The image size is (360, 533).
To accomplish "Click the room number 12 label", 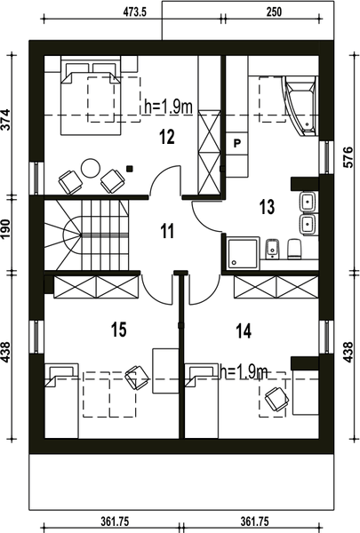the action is [167, 137].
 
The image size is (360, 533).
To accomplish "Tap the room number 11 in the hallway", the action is [167, 231].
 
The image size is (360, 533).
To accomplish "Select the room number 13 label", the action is [267, 207].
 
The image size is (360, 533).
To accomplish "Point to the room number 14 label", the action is [244, 330].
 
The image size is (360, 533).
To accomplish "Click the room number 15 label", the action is [119, 329].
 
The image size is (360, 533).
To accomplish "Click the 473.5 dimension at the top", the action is [134, 12].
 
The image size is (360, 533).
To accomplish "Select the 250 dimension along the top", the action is [274, 12].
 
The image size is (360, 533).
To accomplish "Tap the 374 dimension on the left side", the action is [6, 119].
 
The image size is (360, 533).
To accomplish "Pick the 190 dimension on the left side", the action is [6, 229].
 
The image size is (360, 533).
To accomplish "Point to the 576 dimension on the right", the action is [348, 157].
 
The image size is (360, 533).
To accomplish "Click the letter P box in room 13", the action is [236, 143].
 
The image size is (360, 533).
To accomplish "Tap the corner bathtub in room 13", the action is [300, 106].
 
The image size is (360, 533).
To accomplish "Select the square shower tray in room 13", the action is [244, 253].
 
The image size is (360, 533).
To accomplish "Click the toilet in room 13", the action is [294, 249].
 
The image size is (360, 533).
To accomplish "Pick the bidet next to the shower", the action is [272, 249].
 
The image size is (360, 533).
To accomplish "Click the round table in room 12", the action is [91, 168].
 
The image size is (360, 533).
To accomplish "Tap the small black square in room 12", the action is [129, 168].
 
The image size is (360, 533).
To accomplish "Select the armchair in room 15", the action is [137, 377].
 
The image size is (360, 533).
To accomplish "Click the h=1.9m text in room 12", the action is [168, 107].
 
